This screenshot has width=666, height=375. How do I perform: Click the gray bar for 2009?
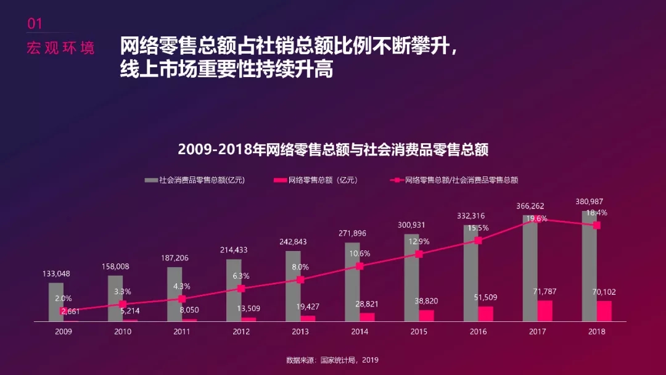56,302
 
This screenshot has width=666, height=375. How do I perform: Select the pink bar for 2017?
545,311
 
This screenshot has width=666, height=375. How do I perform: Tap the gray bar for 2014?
352,282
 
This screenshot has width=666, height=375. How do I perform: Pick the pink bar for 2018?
604,311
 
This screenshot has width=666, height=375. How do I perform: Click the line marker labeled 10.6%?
360,266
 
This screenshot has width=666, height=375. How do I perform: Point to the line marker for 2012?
242,288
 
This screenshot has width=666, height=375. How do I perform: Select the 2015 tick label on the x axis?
419,332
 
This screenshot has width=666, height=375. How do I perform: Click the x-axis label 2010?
123,332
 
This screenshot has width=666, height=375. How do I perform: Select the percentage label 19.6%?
536,218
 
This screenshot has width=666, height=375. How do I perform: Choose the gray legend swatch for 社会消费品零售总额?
151,181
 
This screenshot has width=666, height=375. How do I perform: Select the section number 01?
35,23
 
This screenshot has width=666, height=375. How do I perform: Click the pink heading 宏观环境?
61,48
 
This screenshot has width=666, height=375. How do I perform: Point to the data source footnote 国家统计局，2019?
332,360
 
